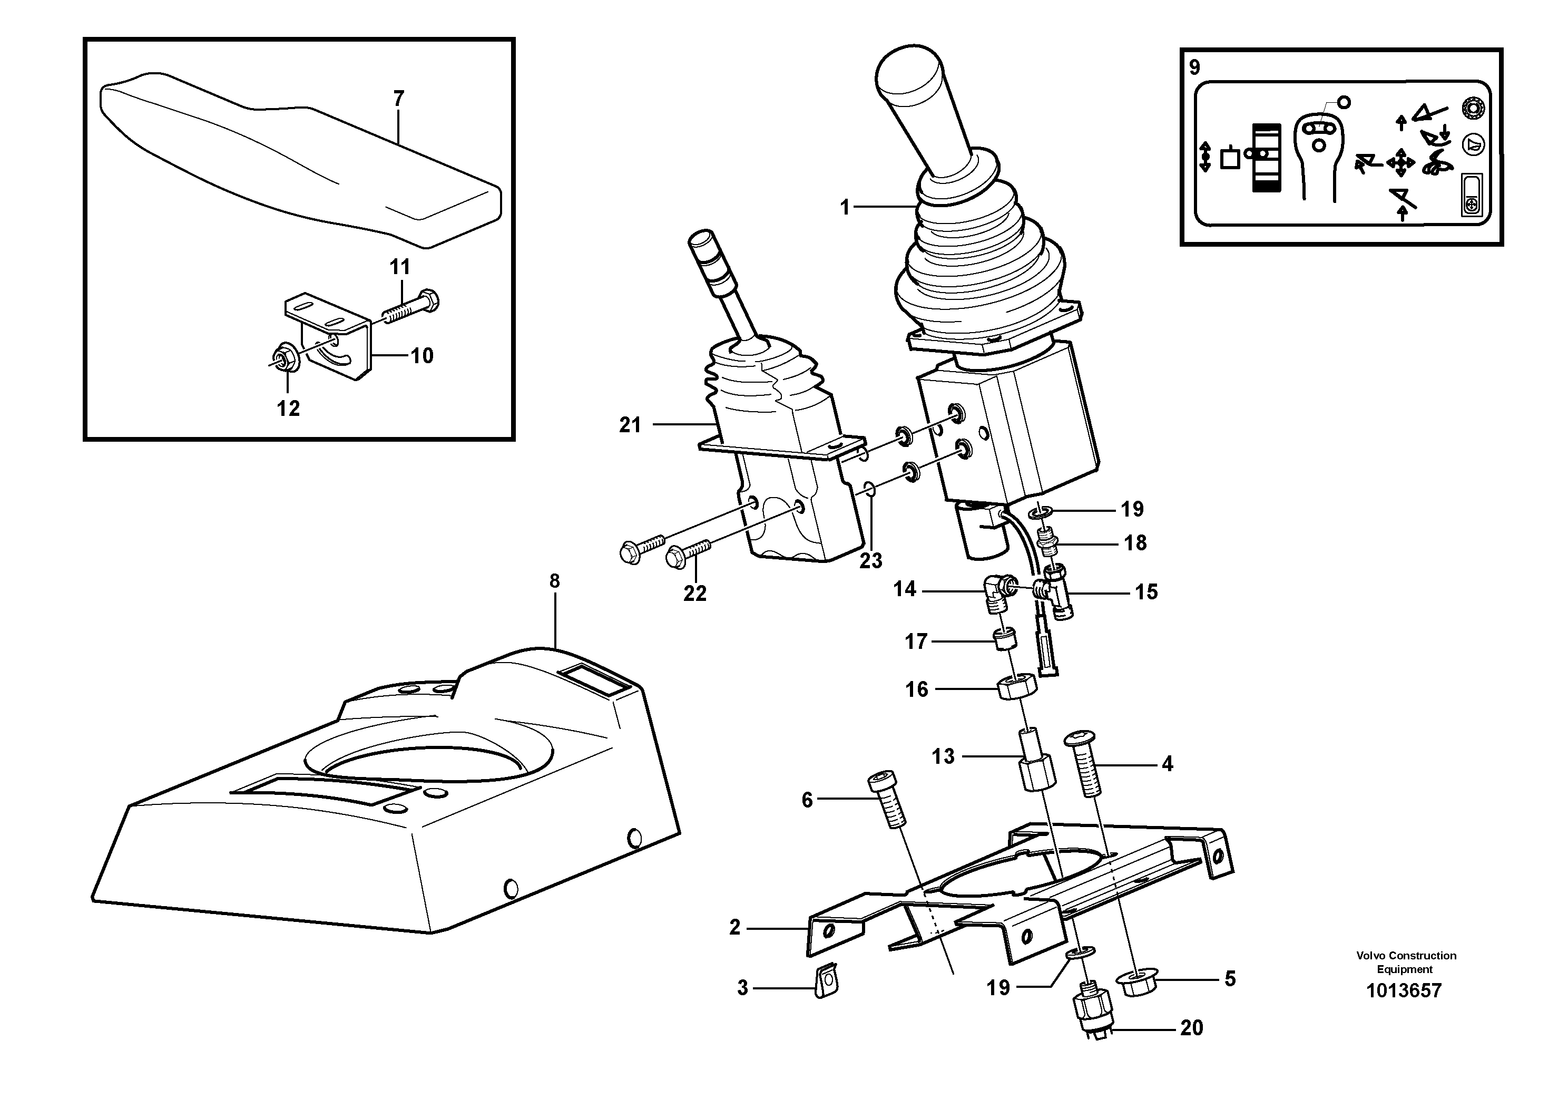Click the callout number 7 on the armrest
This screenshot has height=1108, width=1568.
pyautogui.click(x=398, y=99)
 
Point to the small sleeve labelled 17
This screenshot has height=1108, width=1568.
pyautogui.click(x=1003, y=641)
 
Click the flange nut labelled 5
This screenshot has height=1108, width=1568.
pyautogui.click(x=1134, y=984)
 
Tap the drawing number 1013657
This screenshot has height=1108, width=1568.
pyautogui.click(x=1404, y=990)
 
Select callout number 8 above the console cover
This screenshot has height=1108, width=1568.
pyautogui.click(x=554, y=581)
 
